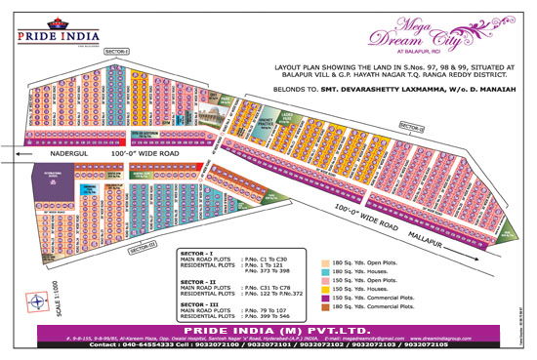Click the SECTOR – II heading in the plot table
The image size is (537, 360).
199,279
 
